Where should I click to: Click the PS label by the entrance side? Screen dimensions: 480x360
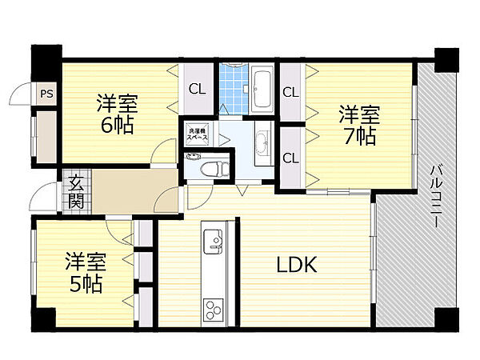pyautogui.click(x=47, y=94)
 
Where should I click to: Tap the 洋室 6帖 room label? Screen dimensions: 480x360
pyautogui.click(x=118, y=114)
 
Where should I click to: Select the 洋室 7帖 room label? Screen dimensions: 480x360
pyautogui.click(x=359, y=125)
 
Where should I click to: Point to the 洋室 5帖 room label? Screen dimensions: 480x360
pyautogui.click(x=86, y=273)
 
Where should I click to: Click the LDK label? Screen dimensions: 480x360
pyautogui.click(x=297, y=265)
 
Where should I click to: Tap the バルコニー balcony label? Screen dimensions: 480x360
pyautogui.click(x=437, y=197)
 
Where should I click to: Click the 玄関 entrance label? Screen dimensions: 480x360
pyautogui.click(x=76, y=193)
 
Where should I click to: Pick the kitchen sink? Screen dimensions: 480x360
pyautogui.click(x=214, y=242)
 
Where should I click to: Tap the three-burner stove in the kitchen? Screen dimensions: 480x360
pyautogui.click(x=214, y=310)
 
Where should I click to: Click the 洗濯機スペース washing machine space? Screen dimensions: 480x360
pyautogui.click(x=198, y=133)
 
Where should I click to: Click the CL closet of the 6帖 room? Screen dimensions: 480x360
pyautogui.click(x=198, y=89)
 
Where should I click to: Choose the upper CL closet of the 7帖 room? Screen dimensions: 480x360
pyautogui.click(x=291, y=92)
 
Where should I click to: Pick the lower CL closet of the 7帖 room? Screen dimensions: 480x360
pyautogui.click(x=291, y=158)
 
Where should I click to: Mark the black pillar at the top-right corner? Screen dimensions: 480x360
pyautogui.click(x=446, y=60)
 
